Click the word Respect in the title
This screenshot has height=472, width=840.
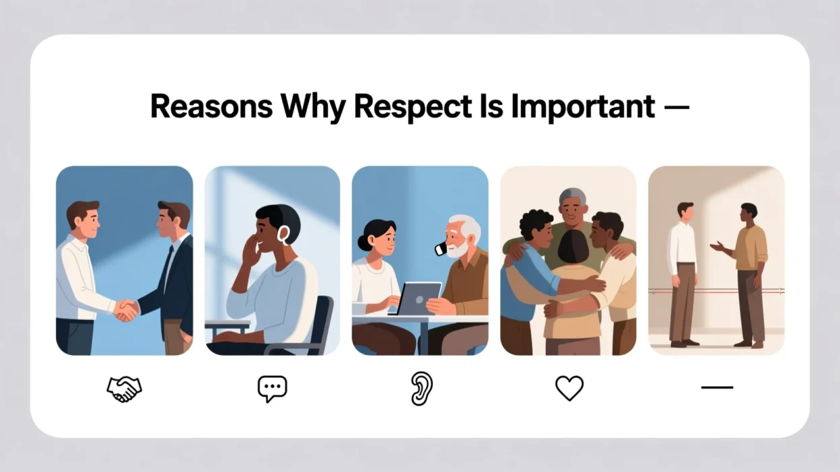(x=413, y=107)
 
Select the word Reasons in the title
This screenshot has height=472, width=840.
(x=211, y=107)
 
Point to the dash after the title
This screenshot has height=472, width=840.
(x=676, y=108)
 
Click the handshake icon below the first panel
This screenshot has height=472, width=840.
(x=124, y=389)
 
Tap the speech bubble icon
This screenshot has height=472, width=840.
(x=272, y=389)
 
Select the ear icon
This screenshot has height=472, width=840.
(x=421, y=389)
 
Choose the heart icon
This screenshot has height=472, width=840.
(x=569, y=388)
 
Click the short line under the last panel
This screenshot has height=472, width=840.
(x=717, y=387)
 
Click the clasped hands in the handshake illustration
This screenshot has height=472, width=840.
(x=127, y=310)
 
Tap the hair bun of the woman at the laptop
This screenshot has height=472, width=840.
(x=363, y=242)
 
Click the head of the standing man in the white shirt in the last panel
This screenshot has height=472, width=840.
(x=685, y=212)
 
